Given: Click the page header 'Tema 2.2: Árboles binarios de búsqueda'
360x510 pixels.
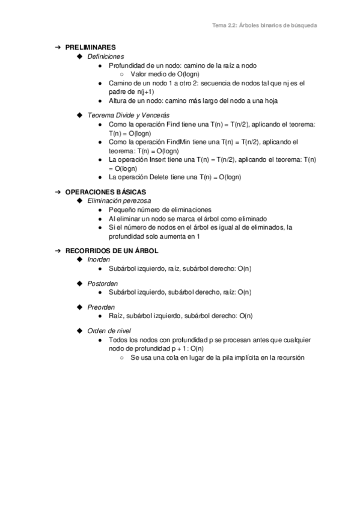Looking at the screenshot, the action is (x=265, y=26).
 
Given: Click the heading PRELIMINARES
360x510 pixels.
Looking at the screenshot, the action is (x=91, y=47).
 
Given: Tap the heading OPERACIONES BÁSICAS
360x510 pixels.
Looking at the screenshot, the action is (x=106, y=191).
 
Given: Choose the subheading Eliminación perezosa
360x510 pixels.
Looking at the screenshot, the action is (x=119, y=200).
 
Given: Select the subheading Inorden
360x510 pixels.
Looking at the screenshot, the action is (x=99, y=259).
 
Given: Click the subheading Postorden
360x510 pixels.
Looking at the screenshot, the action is (x=103, y=283).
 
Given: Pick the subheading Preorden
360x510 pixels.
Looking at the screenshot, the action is (x=102, y=307).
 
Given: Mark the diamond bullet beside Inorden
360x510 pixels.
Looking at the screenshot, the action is (x=80, y=259).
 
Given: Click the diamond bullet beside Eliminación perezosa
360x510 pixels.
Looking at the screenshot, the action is (x=80, y=200).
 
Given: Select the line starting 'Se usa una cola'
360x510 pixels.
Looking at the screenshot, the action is (x=218, y=357).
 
